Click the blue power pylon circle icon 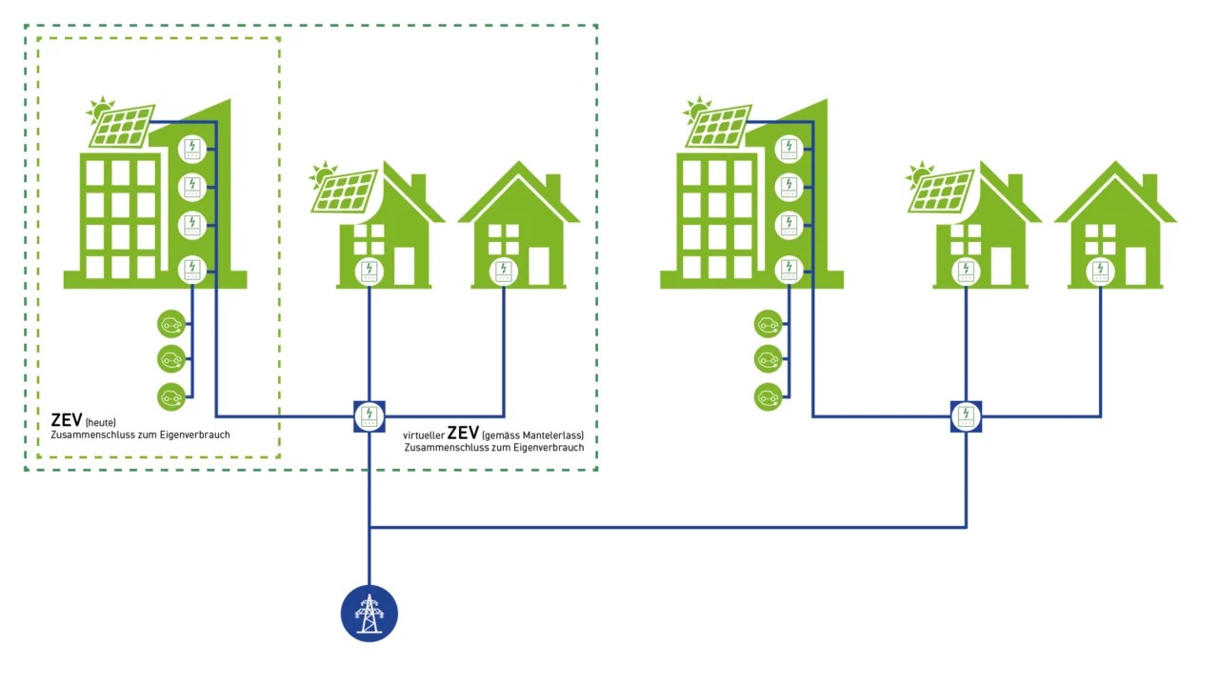[x=370, y=614]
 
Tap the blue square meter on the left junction [x=370, y=416]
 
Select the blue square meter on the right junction [x=966, y=416]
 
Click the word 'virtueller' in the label [x=423, y=435]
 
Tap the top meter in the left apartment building [x=193, y=149]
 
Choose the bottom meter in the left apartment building [x=193, y=271]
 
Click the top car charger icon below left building [x=171, y=325]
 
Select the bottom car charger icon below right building [x=768, y=396]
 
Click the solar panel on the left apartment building [x=122, y=127]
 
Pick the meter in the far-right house [x=1101, y=272]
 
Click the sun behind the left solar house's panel [x=325, y=173]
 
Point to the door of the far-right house [x=1135, y=267]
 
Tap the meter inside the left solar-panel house [x=370, y=272]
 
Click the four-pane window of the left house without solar [x=505, y=238]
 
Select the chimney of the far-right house [x=1149, y=186]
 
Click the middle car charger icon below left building [x=171, y=360]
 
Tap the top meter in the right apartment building [x=789, y=149]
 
